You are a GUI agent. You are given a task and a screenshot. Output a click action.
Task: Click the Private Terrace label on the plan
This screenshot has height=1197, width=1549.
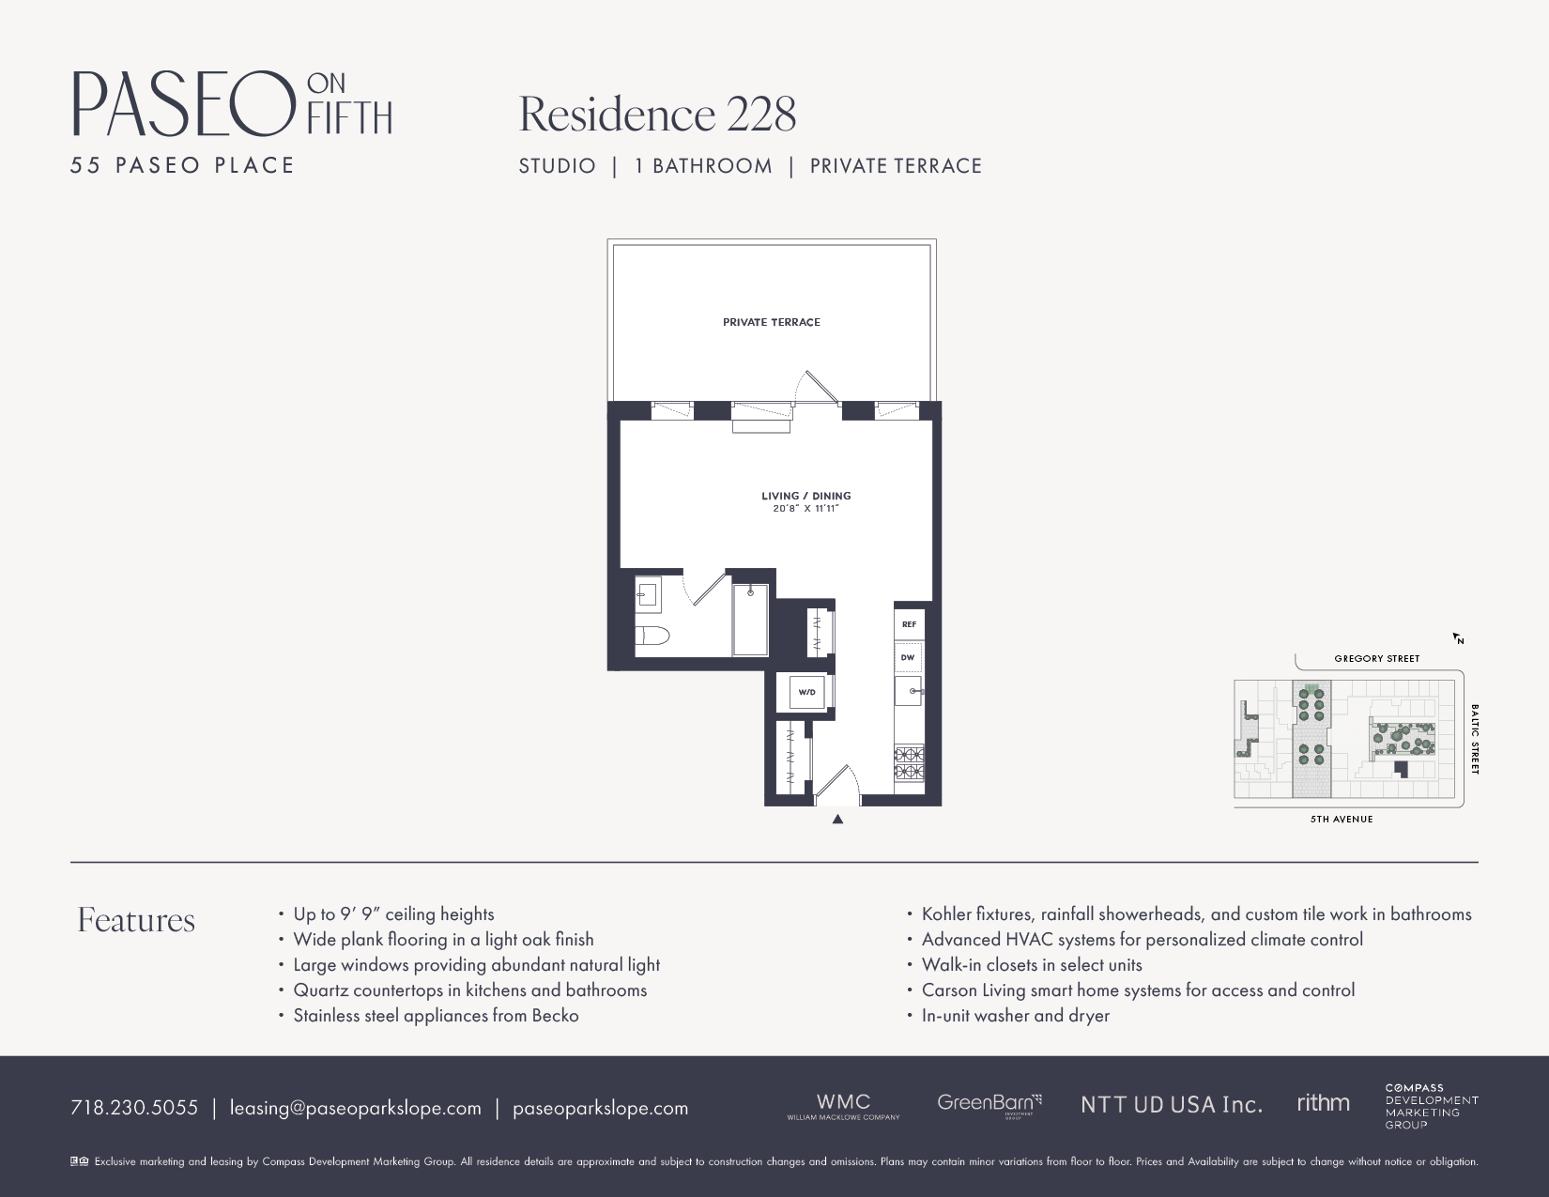(x=771, y=322)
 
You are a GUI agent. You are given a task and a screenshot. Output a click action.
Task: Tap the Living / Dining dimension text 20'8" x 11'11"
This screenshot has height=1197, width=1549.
(x=805, y=509)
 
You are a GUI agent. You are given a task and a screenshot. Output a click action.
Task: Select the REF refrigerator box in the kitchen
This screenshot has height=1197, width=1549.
(x=909, y=624)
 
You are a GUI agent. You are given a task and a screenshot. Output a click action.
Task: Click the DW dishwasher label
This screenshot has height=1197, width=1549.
(x=908, y=657)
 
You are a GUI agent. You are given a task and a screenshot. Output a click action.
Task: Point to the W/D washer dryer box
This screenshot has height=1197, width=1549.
(x=806, y=693)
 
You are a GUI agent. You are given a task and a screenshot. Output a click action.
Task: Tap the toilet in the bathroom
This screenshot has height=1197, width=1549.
(x=652, y=636)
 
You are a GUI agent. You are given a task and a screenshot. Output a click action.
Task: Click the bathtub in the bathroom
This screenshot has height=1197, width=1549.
(x=750, y=620)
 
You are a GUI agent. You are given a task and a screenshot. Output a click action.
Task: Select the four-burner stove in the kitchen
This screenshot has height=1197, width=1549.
(x=909, y=762)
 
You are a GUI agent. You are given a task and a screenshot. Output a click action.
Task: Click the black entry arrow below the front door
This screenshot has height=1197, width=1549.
(x=837, y=819)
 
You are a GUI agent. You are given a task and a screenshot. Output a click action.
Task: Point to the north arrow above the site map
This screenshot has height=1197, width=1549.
(x=1458, y=638)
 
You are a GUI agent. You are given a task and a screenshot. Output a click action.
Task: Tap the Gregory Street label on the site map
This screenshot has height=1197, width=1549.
(x=1376, y=658)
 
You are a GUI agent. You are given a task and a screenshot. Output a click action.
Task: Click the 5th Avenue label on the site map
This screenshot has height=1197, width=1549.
(x=1342, y=819)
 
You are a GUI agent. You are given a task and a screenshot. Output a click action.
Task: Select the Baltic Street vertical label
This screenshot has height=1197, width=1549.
(x=1474, y=739)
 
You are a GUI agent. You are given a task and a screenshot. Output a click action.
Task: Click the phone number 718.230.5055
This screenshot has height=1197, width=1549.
(x=134, y=1108)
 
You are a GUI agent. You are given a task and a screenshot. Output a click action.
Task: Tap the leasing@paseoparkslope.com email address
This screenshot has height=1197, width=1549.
(x=355, y=1108)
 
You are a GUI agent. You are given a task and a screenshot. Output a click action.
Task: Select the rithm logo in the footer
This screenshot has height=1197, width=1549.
(x=1323, y=1103)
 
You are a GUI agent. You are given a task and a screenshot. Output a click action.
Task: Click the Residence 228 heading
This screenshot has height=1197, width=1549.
(x=657, y=115)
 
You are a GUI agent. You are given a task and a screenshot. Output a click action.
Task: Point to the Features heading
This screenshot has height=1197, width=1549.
(x=136, y=920)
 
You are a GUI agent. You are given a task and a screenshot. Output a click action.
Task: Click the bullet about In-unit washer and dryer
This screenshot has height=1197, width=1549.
(x=1015, y=1016)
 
